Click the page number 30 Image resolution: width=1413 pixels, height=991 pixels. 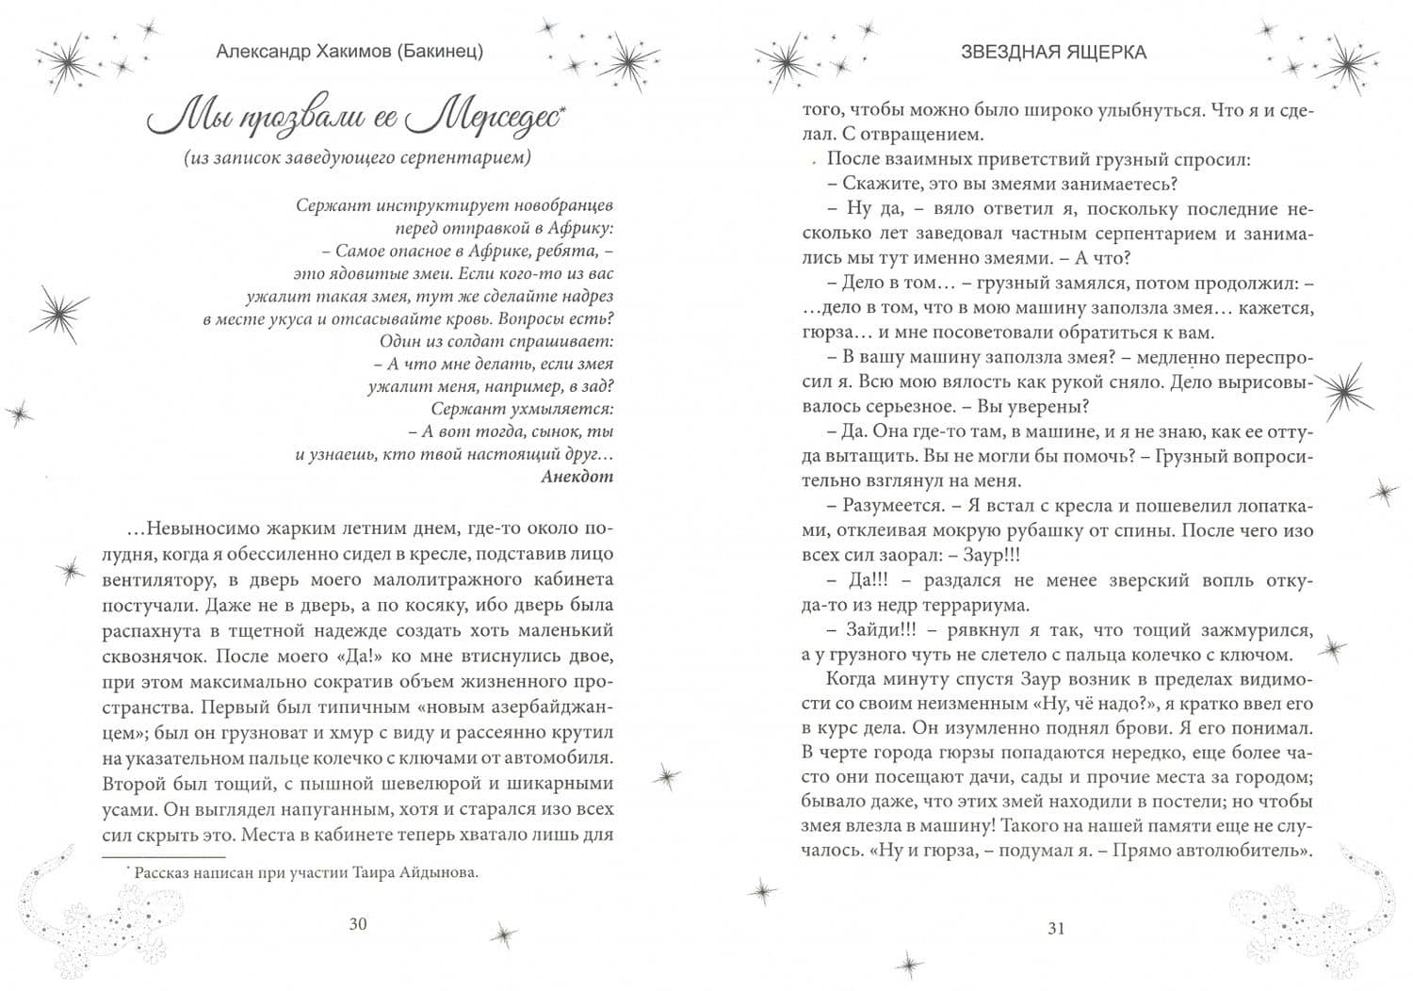tap(357, 923)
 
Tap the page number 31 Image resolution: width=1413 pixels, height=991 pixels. tap(1055, 928)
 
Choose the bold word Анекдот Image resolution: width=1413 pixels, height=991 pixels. tap(577, 476)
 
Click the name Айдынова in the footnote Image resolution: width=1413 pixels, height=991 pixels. tap(444, 872)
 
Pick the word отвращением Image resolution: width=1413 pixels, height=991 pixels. tap(924, 134)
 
